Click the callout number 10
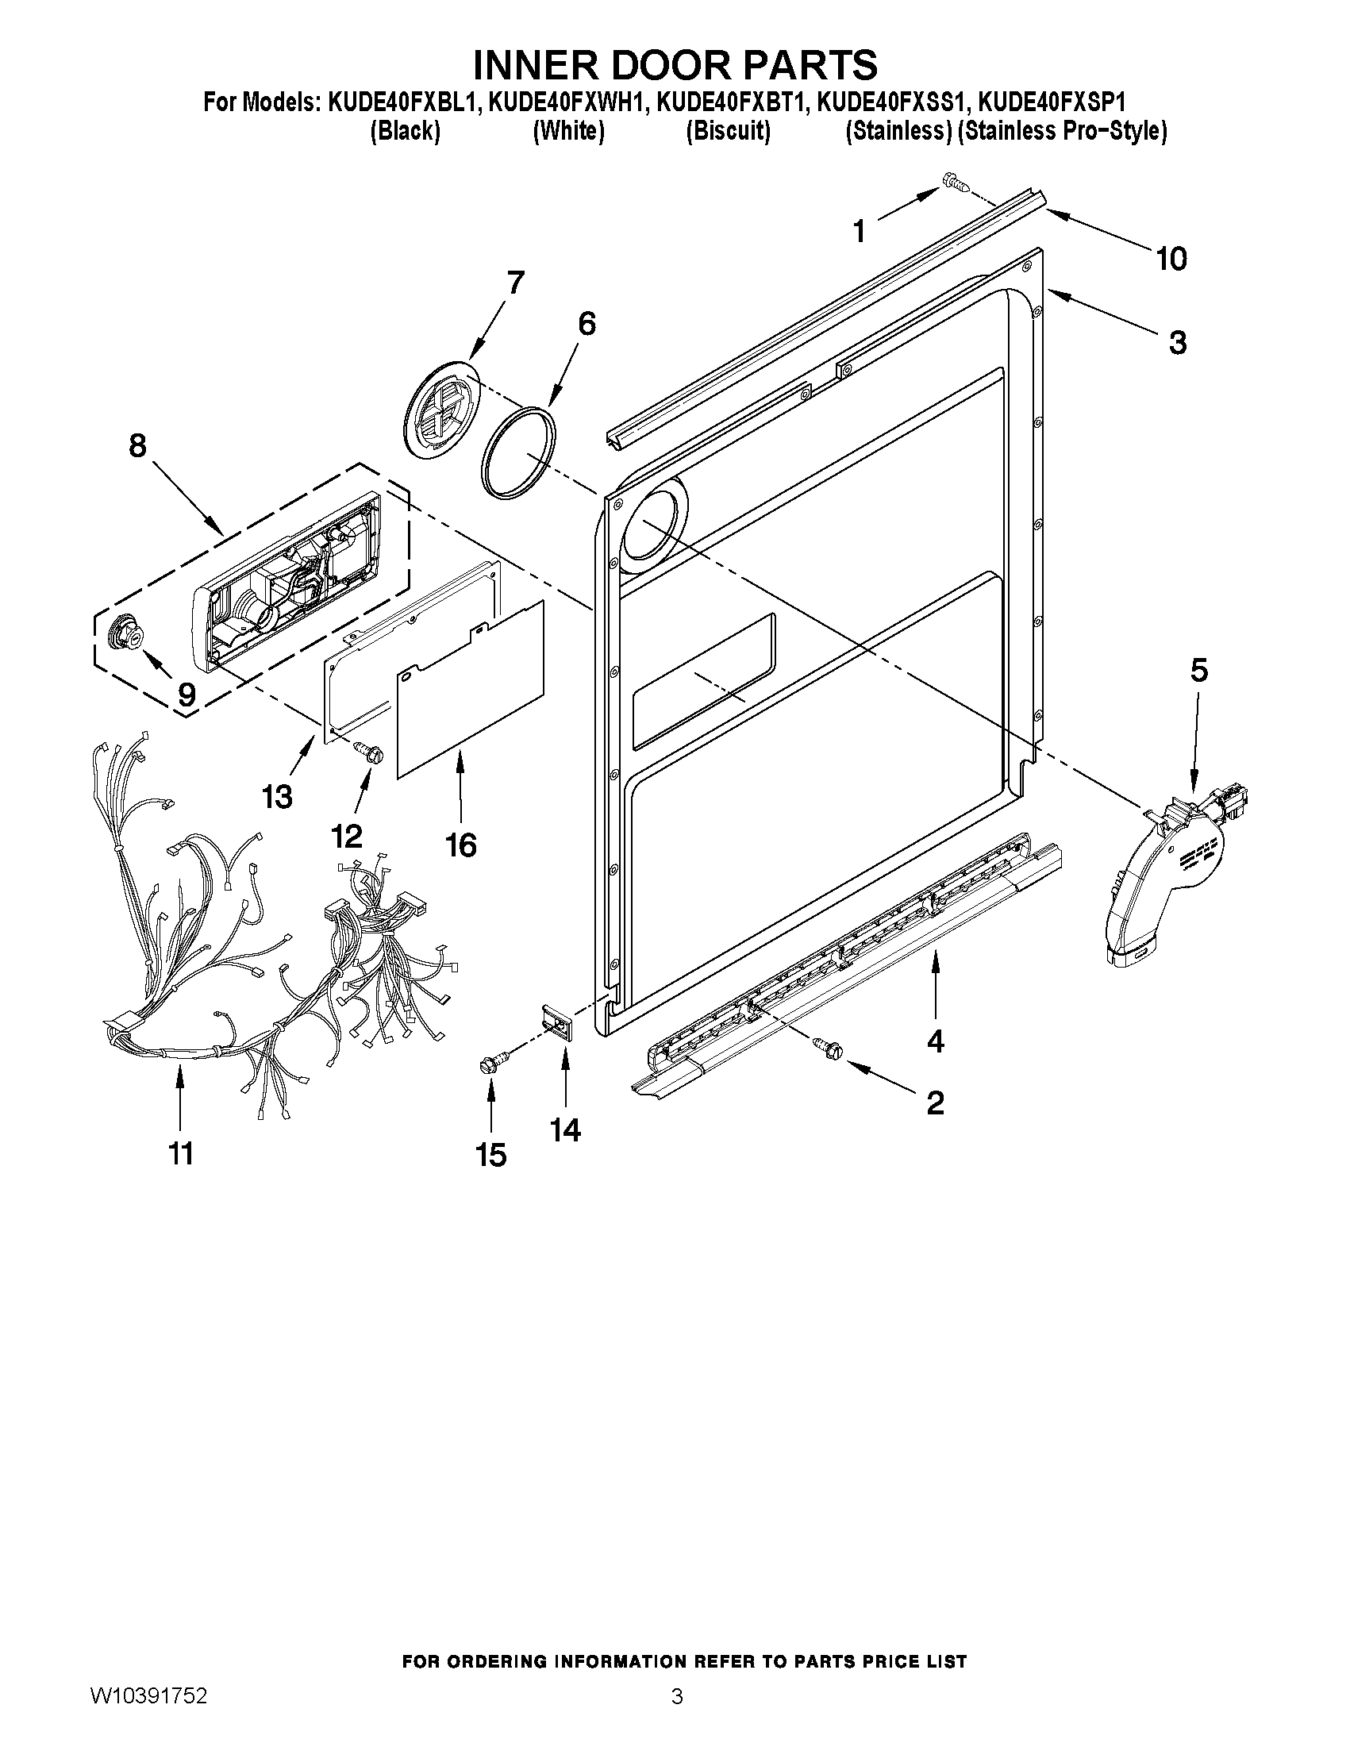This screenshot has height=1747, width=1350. tap(1171, 259)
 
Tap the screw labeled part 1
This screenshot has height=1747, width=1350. tap(956, 183)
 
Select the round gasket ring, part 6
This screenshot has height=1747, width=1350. tap(519, 452)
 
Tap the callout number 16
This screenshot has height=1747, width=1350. tap(461, 845)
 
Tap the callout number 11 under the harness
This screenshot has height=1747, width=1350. tap(181, 1153)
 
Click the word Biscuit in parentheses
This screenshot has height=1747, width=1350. tap(728, 131)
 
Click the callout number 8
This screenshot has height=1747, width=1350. tap(137, 445)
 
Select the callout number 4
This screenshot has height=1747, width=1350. tap(935, 1041)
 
